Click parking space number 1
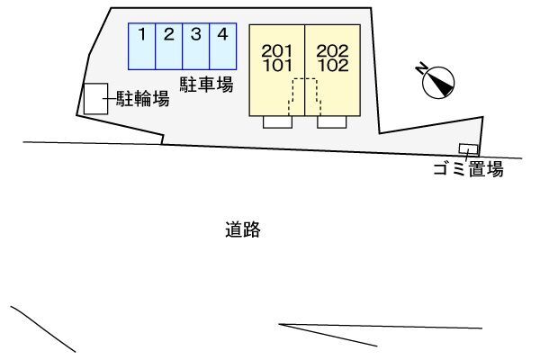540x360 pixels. pos(142,47)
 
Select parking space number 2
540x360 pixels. pos(169,47)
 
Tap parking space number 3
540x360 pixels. pos(196,47)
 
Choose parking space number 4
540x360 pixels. pos(223,47)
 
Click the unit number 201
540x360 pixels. pos(277,51)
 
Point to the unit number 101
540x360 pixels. pos(278,66)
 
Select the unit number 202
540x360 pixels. pos(332,51)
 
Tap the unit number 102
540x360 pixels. pos(333,66)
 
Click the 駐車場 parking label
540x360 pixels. pos(207,85)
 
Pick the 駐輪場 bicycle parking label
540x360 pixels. pos(143,98)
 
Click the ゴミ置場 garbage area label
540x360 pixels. pos(468,169)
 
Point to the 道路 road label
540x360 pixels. pos(243,229)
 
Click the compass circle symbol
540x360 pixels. pos(438,83)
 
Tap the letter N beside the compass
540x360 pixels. pos(421,69)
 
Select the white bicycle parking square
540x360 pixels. pos(95,98)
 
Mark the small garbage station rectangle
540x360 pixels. pos(468,148)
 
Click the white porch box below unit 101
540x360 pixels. pos(277,122)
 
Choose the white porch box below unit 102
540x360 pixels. pos(331,122)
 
